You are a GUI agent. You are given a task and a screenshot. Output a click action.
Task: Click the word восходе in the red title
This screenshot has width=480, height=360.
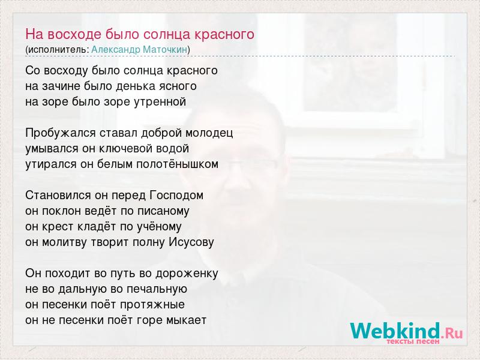(73, 34)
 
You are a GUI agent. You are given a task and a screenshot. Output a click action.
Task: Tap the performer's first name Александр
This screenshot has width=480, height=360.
(116, 50)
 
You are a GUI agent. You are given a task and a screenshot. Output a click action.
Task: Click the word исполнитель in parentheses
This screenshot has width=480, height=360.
(58, 50)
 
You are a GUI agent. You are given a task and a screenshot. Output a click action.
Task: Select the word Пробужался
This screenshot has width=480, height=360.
(61, 133)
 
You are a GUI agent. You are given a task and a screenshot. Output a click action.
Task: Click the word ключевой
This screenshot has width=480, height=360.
(126, 149)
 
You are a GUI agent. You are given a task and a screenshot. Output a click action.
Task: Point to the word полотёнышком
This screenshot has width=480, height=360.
(177, 164)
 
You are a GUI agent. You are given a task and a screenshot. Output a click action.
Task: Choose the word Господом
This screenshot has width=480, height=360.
(176, 196)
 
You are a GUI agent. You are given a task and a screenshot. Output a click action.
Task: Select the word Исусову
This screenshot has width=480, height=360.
(191, 242)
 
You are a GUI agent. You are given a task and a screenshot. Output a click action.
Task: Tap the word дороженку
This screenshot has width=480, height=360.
(187, 274)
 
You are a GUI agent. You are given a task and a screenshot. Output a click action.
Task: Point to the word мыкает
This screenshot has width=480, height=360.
(187, 320)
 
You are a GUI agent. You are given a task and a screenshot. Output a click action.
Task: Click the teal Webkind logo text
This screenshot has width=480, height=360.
(395, 331)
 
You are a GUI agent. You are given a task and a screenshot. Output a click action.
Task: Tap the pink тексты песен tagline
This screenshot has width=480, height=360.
(413, 341)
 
